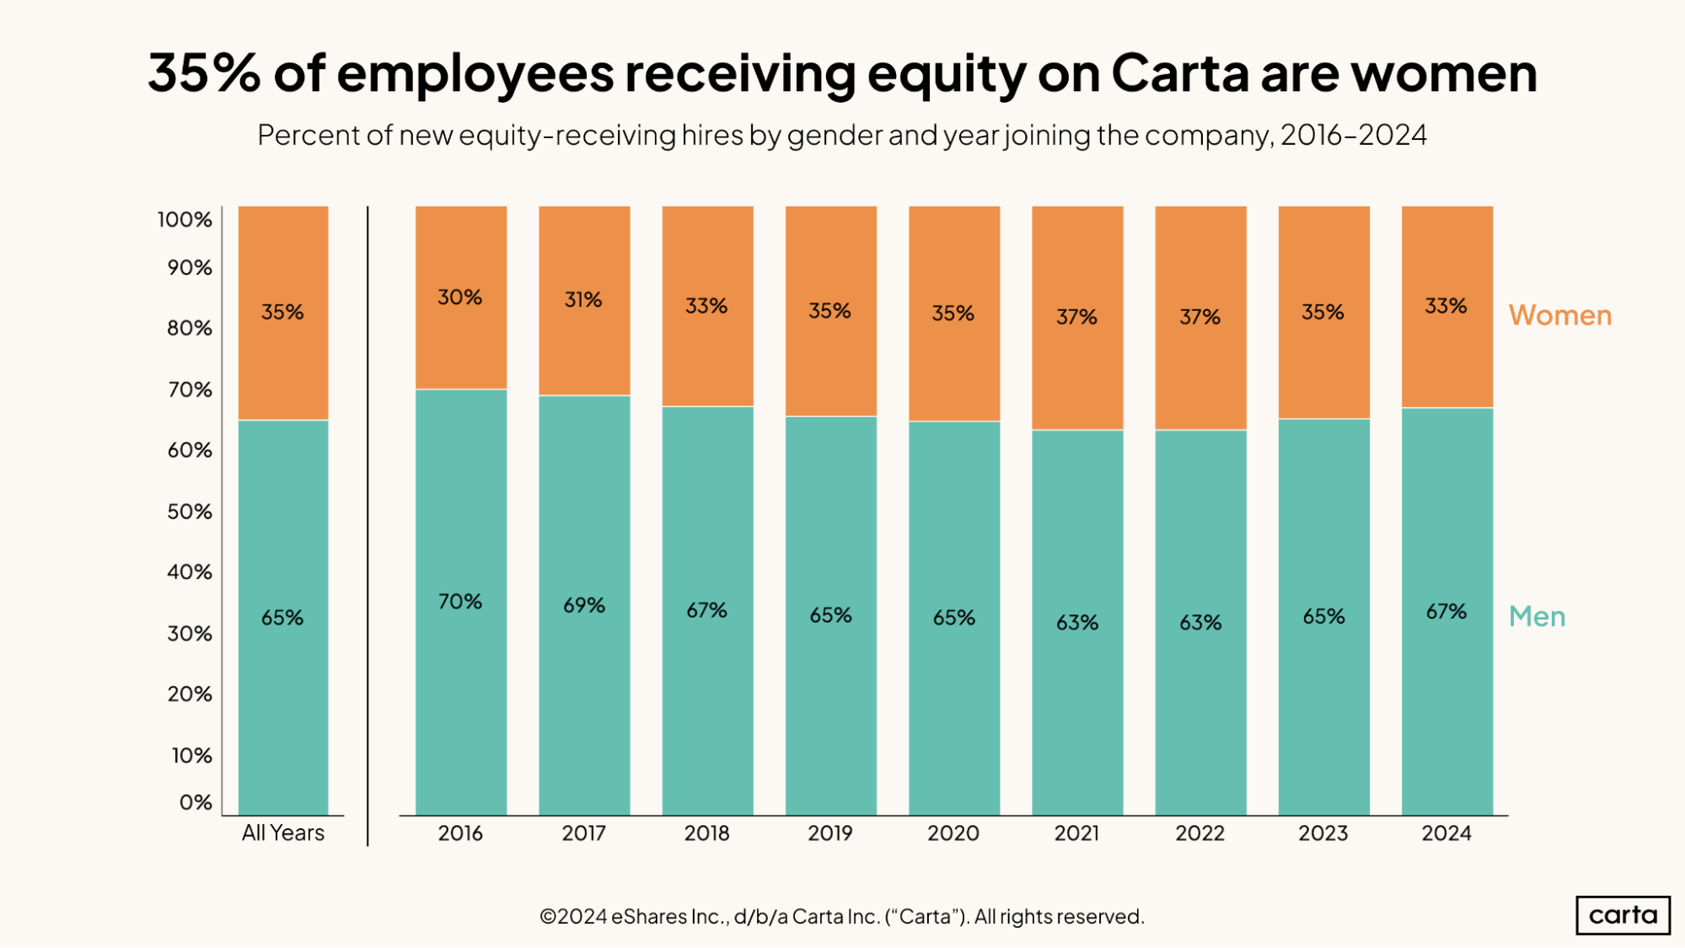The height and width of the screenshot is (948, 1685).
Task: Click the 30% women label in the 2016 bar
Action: click(459, 297)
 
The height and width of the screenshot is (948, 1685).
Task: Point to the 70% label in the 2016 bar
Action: click(459, 602)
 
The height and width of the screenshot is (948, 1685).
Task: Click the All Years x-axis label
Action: click(283, 833)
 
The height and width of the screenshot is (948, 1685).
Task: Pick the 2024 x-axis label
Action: click(1446, 833)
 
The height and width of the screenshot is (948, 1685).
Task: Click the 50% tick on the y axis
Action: click(190, 511)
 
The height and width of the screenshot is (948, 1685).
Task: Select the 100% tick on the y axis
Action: click(185, 220)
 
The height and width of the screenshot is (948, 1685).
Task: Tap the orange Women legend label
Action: click(1560, 315)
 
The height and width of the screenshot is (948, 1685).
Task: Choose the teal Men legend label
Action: click(1537, 617)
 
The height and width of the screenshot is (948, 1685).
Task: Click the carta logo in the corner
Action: click(1623, 915)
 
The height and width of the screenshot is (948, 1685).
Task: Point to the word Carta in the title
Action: click(1179, 73)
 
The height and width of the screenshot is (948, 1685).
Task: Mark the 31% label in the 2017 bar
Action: click(583, 300)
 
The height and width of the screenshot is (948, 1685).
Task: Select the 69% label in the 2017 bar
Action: click(584, 605)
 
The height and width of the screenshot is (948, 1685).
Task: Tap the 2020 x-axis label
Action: click(953, 833)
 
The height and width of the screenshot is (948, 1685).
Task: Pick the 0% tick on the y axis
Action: click(196, 802)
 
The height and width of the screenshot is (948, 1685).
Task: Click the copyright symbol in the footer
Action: click(548, 917)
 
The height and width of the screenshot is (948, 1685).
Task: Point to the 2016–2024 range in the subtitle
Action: click(1353, 135)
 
